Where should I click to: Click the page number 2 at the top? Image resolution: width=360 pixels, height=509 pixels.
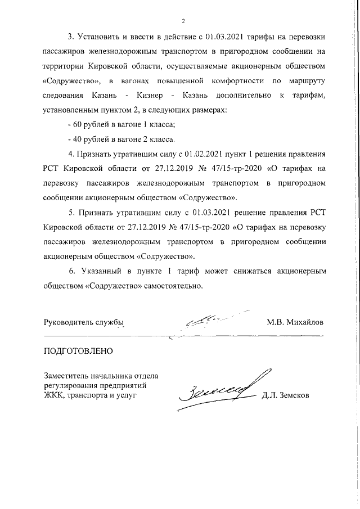(183, 21)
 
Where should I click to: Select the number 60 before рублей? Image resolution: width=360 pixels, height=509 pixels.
(76, 125)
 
